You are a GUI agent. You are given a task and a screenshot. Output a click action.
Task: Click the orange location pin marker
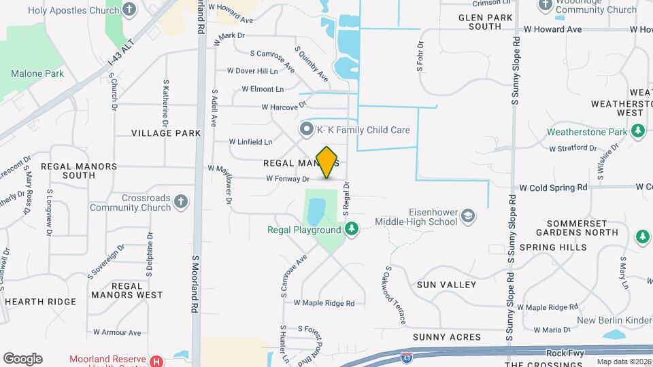coord(327,162)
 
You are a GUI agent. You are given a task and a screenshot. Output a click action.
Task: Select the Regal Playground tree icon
coord(352,230)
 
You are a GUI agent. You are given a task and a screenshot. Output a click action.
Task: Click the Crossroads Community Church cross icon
coord(180,202)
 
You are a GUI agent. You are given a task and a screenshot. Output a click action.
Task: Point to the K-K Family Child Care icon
coord(307,129)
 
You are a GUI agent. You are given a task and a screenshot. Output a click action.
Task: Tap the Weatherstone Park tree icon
coord(637,130)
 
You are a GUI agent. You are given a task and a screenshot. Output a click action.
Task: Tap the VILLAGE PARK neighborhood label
coord(166,133)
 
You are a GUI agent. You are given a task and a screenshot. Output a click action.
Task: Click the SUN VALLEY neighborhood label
coord(446,285)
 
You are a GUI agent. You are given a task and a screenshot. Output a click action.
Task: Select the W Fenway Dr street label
coord(288,179)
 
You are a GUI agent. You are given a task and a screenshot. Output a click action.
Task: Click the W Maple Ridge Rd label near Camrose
coord(324,303)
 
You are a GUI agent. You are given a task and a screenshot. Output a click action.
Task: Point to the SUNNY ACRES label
coord(446,336)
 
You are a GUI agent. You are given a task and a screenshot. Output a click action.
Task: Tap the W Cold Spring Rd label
coord(553,187)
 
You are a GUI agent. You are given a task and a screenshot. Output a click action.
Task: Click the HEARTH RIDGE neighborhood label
coord(40,301)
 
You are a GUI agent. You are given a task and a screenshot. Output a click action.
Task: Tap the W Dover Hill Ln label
coord(252,71)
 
